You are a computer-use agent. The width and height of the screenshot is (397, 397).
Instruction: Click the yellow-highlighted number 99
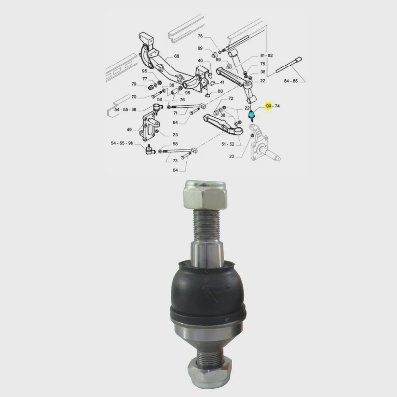click(x=269, y=106)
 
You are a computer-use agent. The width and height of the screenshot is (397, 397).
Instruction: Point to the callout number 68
click(x=176, y=56)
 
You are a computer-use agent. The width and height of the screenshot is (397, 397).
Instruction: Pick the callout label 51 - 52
click(x=228, y=144)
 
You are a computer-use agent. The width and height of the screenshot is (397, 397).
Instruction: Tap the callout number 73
click(x=175, y=161)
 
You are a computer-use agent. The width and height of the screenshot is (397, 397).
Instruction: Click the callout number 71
click(x=175, y=113)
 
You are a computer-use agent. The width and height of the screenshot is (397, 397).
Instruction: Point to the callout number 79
click(x=134, y=84)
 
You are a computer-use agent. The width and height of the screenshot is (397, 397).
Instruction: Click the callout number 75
click(x=262, y=64)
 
